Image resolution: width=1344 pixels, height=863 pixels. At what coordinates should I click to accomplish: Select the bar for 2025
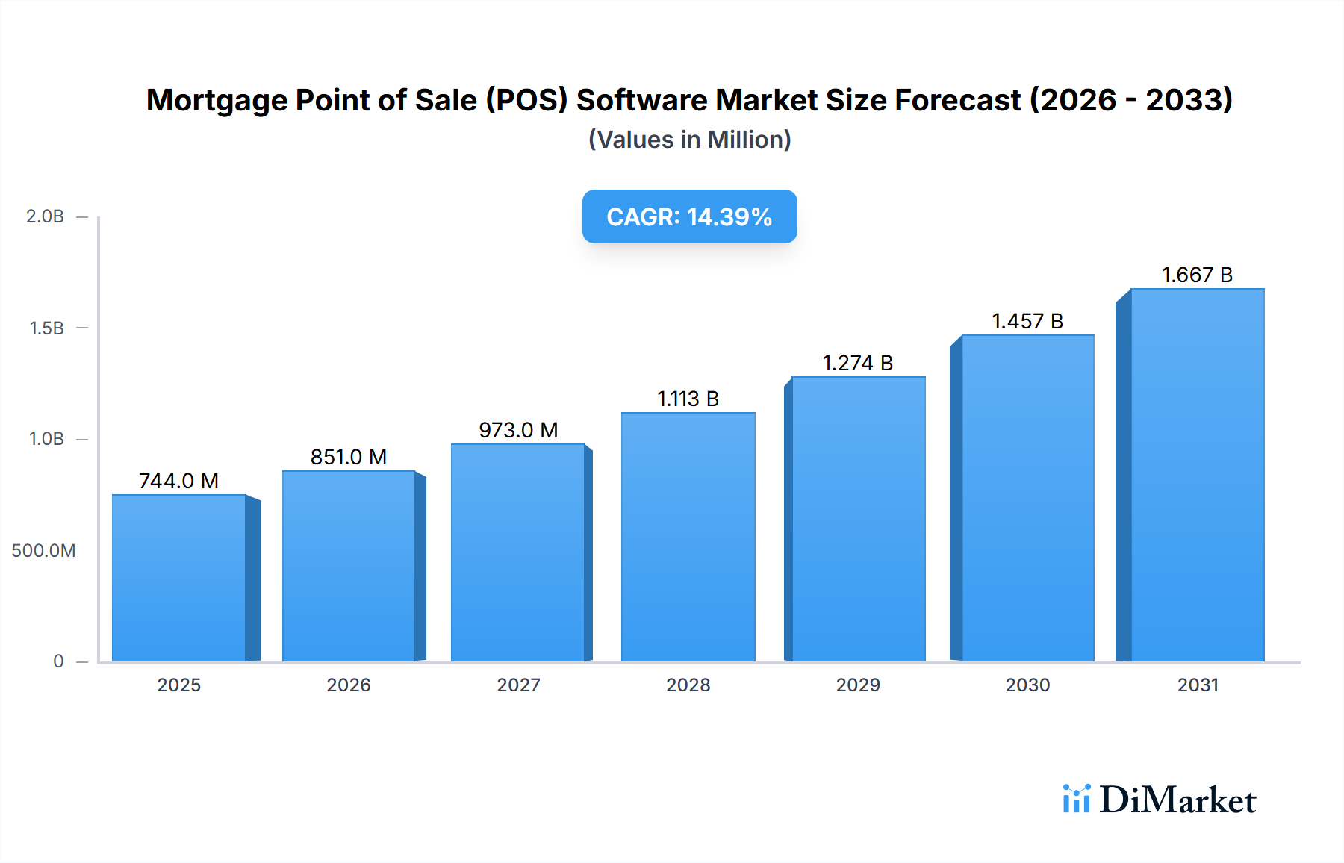click(179, 579)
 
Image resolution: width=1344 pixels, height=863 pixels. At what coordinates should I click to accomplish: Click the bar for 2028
click(688, 538)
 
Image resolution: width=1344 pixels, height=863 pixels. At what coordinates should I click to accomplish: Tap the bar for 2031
click(1197, 476)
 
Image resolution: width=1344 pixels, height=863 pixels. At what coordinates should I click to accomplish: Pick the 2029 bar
click(858, 520)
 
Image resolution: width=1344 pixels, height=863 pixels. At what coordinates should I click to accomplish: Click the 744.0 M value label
click(179, 481)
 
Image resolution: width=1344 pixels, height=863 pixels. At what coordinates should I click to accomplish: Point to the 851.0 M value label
click(349, 457)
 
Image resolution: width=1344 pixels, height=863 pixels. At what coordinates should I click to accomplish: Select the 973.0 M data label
click(518, 430)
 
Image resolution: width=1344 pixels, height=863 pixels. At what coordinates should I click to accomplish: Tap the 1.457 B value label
click(1027, 321)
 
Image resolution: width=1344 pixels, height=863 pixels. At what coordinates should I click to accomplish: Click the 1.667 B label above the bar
click(1197, 275)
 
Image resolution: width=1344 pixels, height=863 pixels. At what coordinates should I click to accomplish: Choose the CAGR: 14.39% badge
click(689, 216)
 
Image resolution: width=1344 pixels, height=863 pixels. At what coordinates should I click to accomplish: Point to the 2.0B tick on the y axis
click(45, 216)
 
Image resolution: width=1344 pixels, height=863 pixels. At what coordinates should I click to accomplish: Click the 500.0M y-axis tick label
click(43, 551)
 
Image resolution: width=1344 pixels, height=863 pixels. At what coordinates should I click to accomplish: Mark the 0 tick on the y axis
click(58, 661)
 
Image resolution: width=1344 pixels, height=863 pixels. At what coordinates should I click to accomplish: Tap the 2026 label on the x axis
click(349, 685)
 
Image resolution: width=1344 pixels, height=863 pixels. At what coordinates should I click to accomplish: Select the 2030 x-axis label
click(1027, 685)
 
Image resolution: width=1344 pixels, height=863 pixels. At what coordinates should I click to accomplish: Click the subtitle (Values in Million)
click(689, 140)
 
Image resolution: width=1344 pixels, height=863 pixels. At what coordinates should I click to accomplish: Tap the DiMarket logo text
click(1177, 800)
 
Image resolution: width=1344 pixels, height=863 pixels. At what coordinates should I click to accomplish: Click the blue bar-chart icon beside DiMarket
click(1076, 799)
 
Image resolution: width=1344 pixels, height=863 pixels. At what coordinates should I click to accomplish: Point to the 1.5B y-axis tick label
click(46, 328)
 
